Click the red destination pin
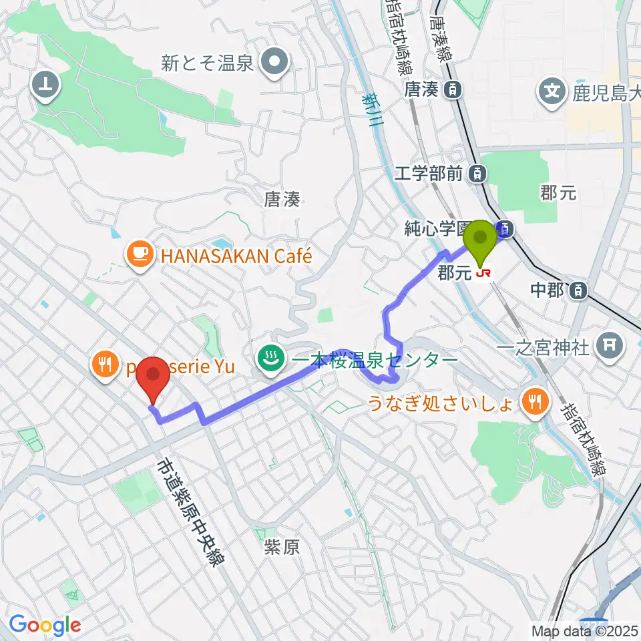pyautogui.click(x=153, y=377)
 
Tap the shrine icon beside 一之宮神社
pyautogui.click(x=608, y=345)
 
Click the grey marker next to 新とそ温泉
pyautogui.click(x=274, y=63)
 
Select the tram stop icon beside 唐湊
pyautogui.click(x=453, y=89)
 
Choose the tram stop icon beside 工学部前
pyautogui.click(x=477, y=174)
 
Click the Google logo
pyautogui.click(x=45, y=625)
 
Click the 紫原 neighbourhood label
pyautogui.click(x=281, y=548)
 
